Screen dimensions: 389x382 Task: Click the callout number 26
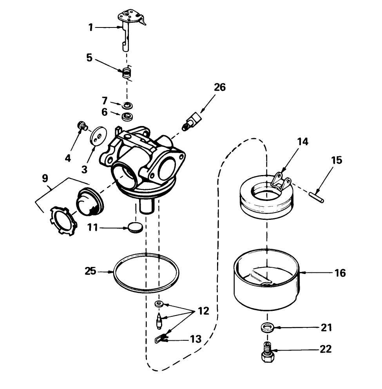(219, 87)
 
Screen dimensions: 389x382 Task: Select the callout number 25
(91, 271)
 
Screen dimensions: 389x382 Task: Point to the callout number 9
(45, 177)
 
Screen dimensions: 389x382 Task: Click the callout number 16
(340, 272)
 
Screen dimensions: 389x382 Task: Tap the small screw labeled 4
(82, 126)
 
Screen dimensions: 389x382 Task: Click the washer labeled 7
(127, 105)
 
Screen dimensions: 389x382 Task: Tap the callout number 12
(203, 311)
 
